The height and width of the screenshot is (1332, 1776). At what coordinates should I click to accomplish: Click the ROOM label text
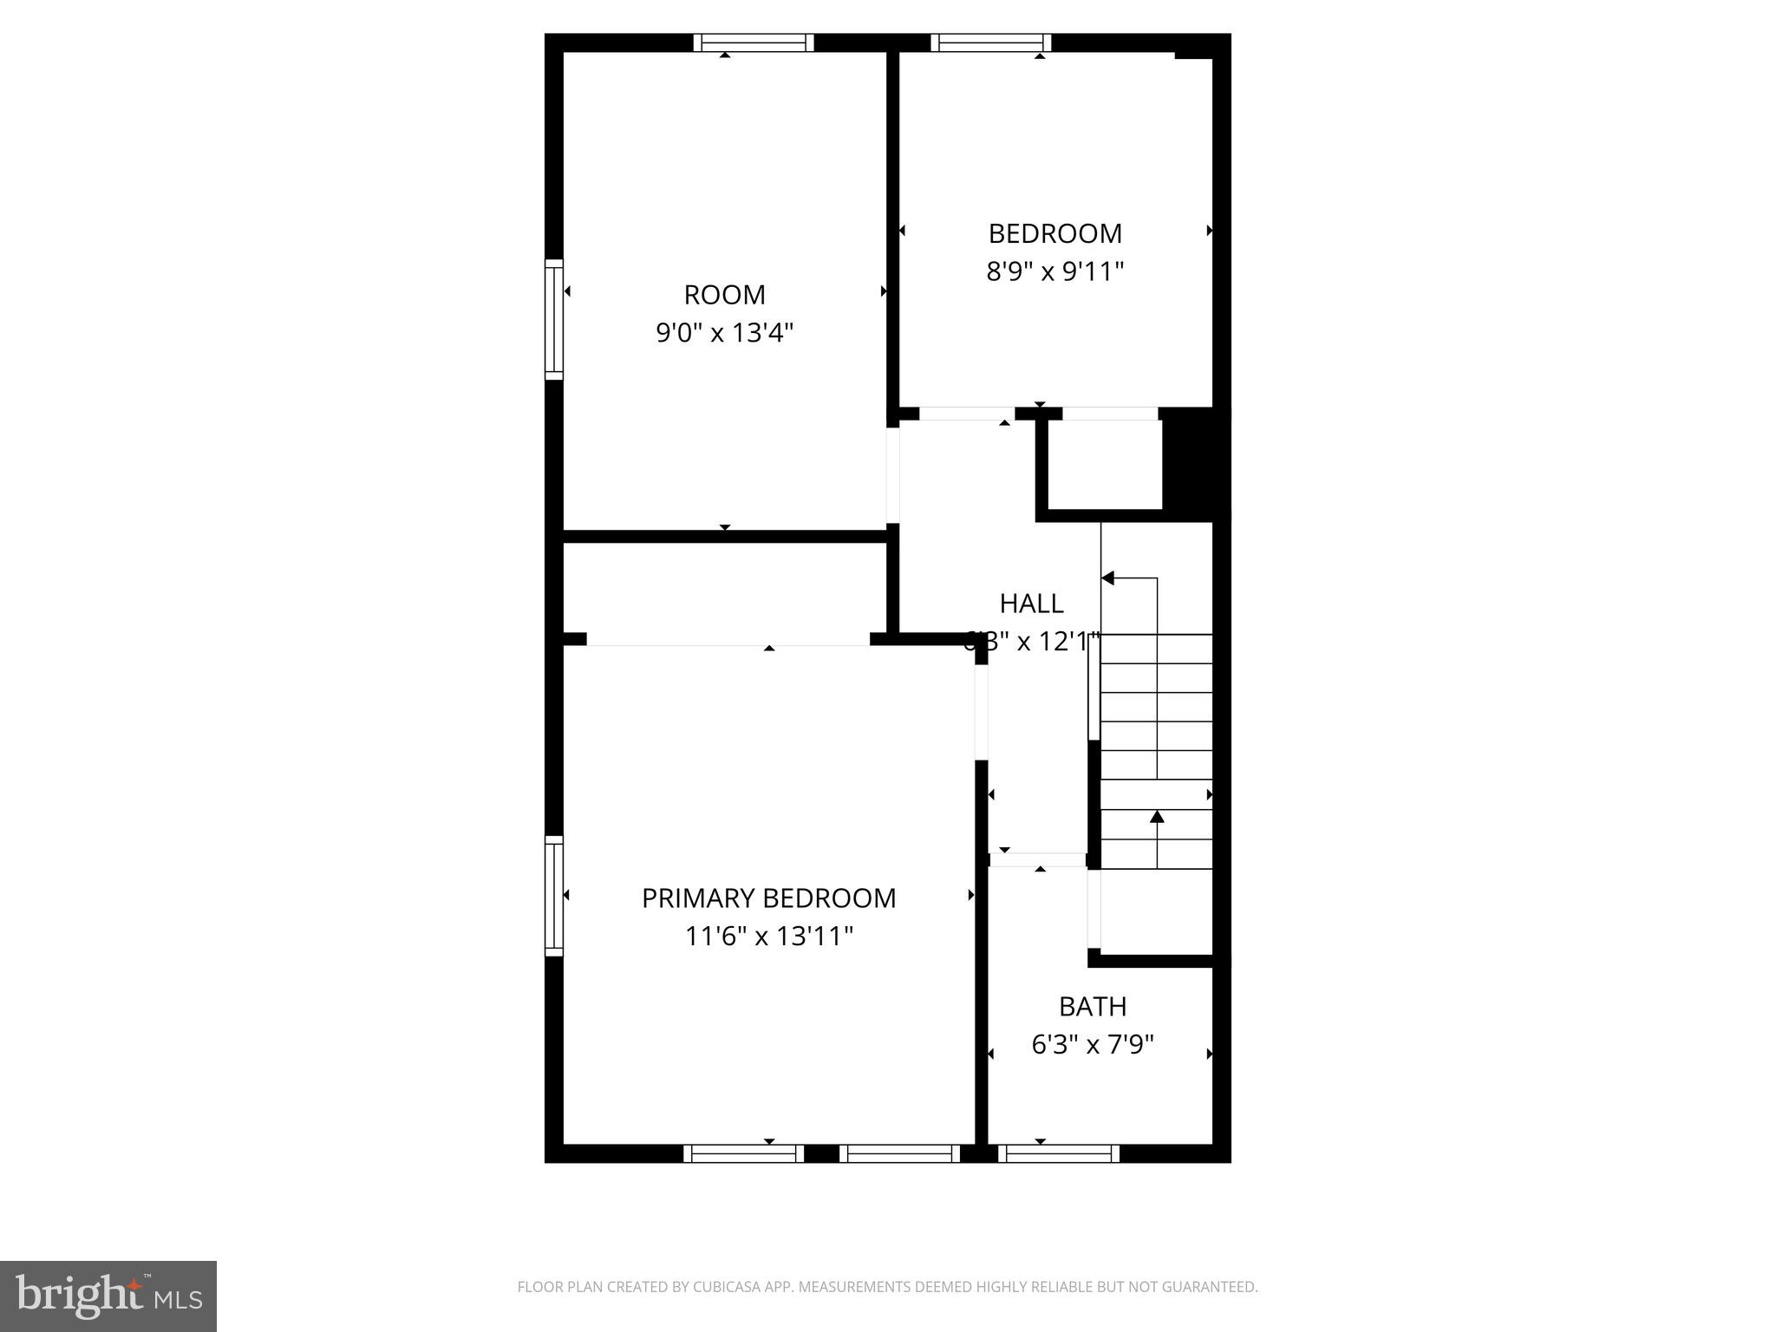(x=724, y=295)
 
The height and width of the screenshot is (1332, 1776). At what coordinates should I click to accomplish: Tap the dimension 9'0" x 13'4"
(x=724, y=333)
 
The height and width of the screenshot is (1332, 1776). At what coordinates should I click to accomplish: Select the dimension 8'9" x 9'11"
(x=1054, y=272)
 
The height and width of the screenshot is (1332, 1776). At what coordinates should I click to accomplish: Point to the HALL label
(x=1031, y=604)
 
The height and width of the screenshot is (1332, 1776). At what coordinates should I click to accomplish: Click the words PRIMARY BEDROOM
(x=768, y=898)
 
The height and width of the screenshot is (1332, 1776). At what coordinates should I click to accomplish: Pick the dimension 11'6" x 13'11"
(x=768, y=937)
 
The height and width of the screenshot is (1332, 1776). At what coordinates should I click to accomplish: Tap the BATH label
(x=1093, y=1007)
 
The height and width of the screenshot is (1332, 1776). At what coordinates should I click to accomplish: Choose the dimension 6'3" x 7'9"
(x=1093, y=1045)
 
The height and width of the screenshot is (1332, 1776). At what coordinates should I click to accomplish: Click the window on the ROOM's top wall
(x=753, y=42)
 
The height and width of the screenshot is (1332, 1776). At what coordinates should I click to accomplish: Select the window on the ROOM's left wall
(x=553, y=319)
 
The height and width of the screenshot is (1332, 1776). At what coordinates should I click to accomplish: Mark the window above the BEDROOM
(x=990, y=42)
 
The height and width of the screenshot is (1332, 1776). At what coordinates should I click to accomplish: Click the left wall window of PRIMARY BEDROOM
(x=553, y=896)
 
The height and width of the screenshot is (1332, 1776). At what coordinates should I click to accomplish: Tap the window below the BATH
(x=1058, y=1153)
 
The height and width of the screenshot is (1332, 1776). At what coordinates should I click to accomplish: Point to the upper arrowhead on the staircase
(x=1108, y=578)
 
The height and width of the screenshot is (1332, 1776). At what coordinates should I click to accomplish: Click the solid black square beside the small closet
(x=1194, y=464)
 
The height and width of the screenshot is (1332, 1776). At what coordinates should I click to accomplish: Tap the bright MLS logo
(x=108, y=1296)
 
